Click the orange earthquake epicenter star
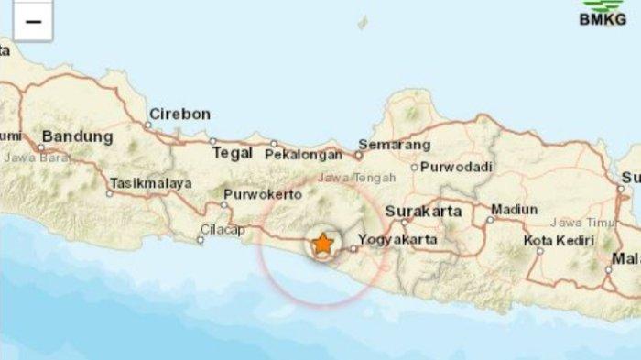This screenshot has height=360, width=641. (322, 245)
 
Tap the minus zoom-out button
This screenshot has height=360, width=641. (33, 22)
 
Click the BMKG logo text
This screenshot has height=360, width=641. (603, 18)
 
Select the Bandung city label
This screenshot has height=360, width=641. (78, 136)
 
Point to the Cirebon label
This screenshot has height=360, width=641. (180, 115)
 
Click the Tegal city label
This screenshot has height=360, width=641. (232, 153)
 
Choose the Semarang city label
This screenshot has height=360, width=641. (394, 145)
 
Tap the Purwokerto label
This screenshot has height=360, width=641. (263, 196)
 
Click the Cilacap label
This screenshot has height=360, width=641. (223, 230)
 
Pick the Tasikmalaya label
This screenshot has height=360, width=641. (151, 183)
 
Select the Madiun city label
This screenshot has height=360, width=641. (514, 209)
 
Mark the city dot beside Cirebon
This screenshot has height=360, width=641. (147, 125)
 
